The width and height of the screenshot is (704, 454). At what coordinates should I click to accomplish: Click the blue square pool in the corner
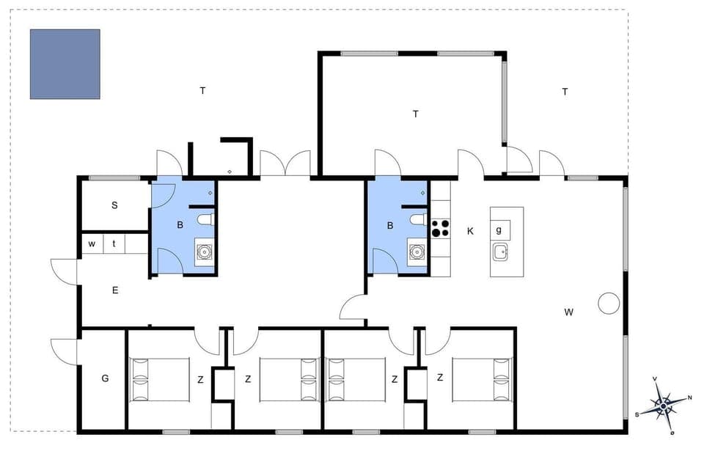(65, 64)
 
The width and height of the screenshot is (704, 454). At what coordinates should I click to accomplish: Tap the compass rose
(664, 404)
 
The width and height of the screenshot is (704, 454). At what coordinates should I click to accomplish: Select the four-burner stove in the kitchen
(440, 229)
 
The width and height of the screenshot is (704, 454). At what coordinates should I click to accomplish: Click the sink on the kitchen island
(501, 252)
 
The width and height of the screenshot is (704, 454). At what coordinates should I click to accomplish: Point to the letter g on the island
(499, 230)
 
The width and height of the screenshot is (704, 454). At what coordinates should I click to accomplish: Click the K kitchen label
(470, 231)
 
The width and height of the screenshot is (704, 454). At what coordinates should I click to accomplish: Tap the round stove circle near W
(609, 303)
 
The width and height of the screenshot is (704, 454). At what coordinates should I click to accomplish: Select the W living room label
(568, 312)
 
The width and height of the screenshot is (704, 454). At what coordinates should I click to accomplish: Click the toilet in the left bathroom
(205, 219)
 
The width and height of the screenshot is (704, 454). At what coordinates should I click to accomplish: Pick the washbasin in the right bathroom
(417, 252)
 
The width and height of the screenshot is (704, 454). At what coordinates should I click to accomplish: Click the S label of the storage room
(114, 205)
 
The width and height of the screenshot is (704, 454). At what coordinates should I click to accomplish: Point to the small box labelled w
(92, 244)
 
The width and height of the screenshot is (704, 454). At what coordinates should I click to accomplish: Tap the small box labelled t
(114, 244)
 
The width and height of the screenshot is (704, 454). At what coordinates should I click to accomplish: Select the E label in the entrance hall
(115, 290)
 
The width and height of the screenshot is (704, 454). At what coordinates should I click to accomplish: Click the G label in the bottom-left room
(105, 378)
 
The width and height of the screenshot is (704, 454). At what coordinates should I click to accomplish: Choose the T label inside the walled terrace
(416, 114)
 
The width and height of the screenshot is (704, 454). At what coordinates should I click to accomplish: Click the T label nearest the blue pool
(202, 91)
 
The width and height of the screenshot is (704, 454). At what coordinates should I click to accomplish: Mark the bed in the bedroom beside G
(159, 379)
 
